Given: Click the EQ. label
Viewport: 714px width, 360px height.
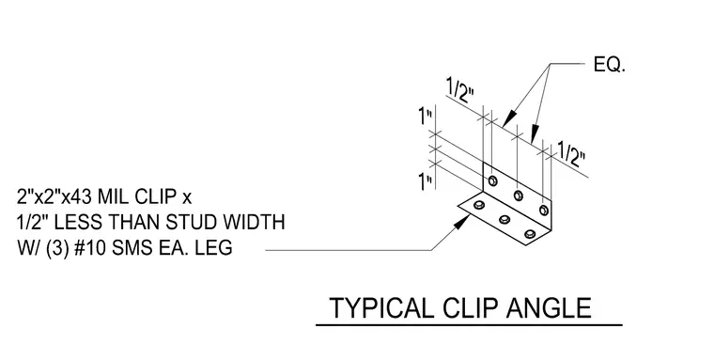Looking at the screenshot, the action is (x=610, y=65).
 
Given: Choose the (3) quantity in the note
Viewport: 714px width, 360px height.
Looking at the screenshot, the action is (x=56, y=248).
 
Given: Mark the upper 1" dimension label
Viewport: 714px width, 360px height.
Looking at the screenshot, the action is (x=426, y=117).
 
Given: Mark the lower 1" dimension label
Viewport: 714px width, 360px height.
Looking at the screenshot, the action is (x=426, y=181).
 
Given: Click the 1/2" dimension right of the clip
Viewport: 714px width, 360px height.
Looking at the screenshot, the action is (x=571, y=154).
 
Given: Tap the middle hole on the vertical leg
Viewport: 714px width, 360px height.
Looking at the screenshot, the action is (x=519, y=196).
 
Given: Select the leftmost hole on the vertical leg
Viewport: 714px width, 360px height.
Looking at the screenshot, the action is (x=492, y=180).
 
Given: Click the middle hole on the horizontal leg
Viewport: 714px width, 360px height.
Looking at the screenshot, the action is (x=504, y=220).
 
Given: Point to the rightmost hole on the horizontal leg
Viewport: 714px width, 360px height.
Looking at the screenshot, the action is (x=530, y=234).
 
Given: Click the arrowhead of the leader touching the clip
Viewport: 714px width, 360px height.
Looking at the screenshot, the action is (x=464, y=221).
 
